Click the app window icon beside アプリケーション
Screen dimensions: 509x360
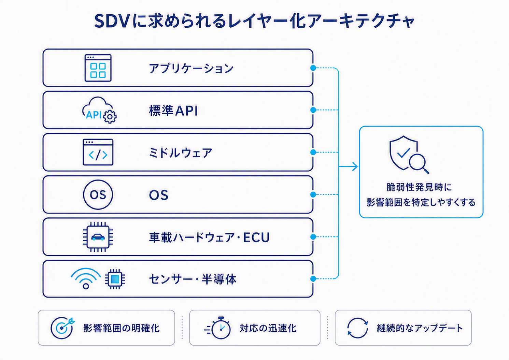click(x=98, y=68)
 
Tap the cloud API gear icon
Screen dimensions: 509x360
click(x=99, y=110)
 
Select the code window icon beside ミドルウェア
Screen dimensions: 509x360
click(x=98, y=152)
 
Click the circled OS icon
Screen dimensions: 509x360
click(x=98, y=195)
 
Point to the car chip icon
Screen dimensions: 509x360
click(x=98, y=237)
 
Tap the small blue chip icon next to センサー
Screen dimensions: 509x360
click(x=115, y=279)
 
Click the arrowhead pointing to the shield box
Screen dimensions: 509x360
click(x=355, y=167)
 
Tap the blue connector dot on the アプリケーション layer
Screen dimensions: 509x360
click(x=313, y=68)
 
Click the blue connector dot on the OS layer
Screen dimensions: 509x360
click(x=313, y=195)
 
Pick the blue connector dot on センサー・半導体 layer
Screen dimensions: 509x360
click(x=313, y=279)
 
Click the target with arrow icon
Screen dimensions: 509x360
click(x=62, y=328)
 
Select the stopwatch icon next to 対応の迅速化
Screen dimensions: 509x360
click(x=218, y=328)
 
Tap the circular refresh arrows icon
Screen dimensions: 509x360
click(x=357, y=328)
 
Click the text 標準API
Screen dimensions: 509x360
click(x=173, y=111)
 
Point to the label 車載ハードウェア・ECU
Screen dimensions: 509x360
click(x=209, y=237)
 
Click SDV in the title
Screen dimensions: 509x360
click(x=111, y=21)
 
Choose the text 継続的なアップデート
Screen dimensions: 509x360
click(x=420, y=328)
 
